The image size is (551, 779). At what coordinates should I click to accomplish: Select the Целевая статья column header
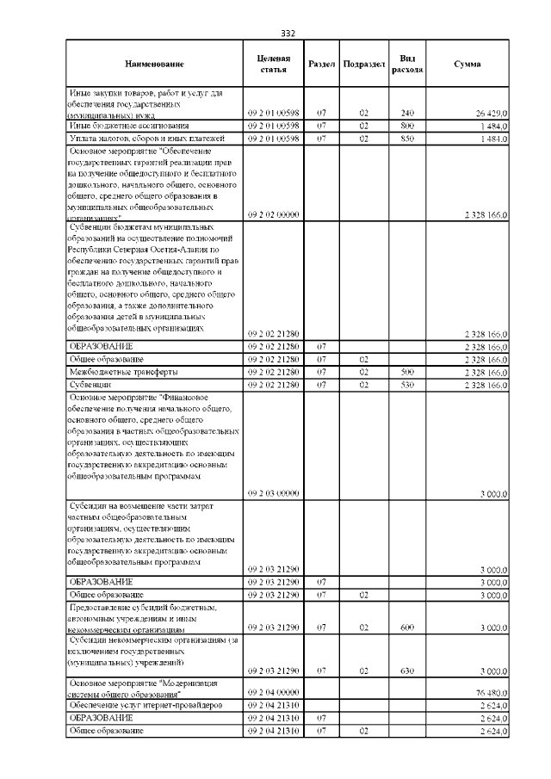(273, 64)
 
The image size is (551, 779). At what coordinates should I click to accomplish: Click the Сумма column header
(467, 65)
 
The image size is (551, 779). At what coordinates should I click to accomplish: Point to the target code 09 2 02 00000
(273, 215)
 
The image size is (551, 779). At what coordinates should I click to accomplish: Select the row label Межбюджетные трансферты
(112, 372)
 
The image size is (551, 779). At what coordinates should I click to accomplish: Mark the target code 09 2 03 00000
(273, 493)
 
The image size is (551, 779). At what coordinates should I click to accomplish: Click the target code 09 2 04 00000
(273, 691)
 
